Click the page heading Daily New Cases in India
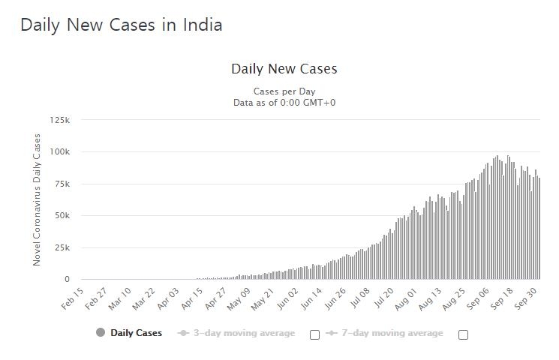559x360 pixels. click(x=121, y=25)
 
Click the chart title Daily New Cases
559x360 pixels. click(x=284, y=69)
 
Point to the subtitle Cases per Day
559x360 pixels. click(x=284, y=91)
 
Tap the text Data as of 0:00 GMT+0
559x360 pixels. click(x=284, y=102)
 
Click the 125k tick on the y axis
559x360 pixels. click(x=59, y=120)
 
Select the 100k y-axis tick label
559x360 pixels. click(x=59, y=152)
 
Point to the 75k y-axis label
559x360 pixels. click(x=62, y=184)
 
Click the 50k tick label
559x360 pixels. click(x=62, y=216)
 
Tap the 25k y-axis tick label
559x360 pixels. click(x=62, y=247)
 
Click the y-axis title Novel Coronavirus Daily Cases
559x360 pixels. click(x=37, y=199)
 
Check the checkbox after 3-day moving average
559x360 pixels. click(x=315, y=334)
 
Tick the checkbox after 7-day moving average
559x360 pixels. click(x=463, y=334)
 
